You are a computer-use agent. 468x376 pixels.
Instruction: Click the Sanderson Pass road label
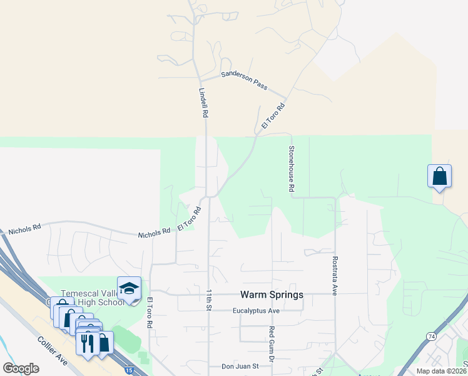pos(244,80)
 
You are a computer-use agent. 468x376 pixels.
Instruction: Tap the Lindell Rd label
pos(203,103)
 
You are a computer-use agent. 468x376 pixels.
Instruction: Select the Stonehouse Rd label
pos(291,169)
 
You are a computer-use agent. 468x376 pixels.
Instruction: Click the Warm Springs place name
pos(272,295)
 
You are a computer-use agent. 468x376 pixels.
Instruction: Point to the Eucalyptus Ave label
pos(256,311)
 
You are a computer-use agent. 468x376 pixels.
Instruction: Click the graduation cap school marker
pos(129,288)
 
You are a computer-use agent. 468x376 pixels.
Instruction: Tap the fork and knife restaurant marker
pos(86,343)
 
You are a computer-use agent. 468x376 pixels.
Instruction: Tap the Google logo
pos(21,368)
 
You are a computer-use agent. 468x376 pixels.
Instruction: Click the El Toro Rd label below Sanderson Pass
pos(273,117)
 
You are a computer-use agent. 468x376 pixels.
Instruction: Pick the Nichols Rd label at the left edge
pos(24,228)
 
